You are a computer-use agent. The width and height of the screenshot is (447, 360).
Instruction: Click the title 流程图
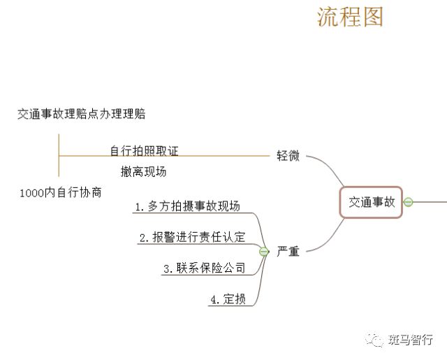[x=350, y=17]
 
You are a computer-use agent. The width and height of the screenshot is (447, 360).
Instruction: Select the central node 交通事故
[x=372, y=202]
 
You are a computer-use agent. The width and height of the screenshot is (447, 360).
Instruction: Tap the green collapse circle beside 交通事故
[x=409, y=202]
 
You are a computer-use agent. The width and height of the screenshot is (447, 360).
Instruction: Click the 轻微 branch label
[x=288, y=155]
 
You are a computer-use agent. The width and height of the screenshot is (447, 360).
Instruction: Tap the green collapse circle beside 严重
[x=264, y=251]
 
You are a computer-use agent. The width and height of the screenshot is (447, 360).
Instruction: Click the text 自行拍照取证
[x=149, y=151]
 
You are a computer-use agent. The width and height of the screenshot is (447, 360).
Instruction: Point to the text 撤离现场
[x=143, y=171]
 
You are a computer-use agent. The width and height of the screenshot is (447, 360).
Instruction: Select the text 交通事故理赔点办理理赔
[x=81, y=114]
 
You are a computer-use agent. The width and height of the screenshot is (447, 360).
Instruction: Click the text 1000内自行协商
[x=61, y=192]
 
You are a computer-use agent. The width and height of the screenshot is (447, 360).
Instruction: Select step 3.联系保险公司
[x=204, y=268]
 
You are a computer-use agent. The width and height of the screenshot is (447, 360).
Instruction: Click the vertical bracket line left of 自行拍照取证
[x=59, y=155]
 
